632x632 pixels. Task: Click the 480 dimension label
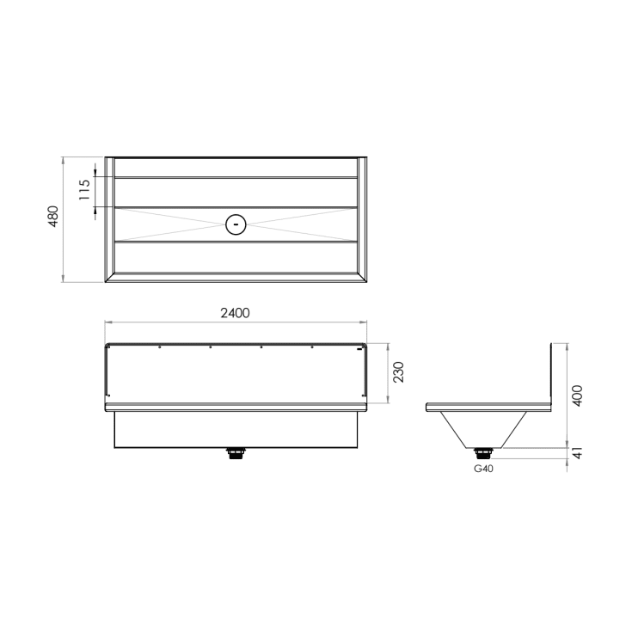click(53, 217)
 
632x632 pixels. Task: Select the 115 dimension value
click(84, 190)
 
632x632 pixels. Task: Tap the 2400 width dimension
click(235, 313)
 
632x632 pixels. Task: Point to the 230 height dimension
click(398, 372)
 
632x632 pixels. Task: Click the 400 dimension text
click(577, 396)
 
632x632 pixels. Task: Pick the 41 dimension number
click(578, 453)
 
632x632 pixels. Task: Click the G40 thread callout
click(483, 469)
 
